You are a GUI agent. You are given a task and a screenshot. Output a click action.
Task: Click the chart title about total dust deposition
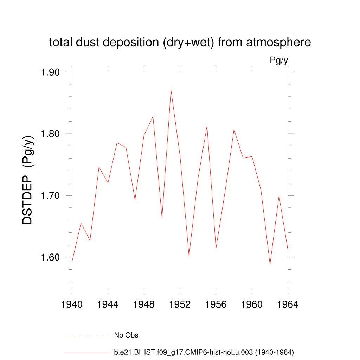pyautogui.click(x=180, y=43)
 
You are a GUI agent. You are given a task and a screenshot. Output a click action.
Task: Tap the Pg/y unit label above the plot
pyautogui.click(x=279, y=60)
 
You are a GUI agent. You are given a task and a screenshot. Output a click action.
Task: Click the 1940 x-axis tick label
pyautogui.click(x=72, y=304)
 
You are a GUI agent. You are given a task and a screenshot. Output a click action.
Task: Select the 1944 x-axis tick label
pyautogui.click(x=108, y=304)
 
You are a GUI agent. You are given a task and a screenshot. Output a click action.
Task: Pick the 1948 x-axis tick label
pyautogui.click(x=144, y=304)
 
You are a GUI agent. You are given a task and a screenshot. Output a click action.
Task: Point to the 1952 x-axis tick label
pyautogui.click(x=180, y=304)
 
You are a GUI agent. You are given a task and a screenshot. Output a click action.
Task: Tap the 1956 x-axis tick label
pyautogui.click(x=216, y=304)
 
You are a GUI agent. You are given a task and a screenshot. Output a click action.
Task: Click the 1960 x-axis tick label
pyautogui.click(x=252, y=304)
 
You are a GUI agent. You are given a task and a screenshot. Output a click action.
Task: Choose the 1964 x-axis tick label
pyautogui.click(x=288, y=304)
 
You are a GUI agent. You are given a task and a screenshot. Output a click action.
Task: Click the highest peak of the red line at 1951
pyautogui.click(x=171, y=90)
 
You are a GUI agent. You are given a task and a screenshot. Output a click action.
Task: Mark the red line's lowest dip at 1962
pyautogui.click(x=270, y=264)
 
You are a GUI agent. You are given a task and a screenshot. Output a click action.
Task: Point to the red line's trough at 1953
pyautogui.click(x=189, y=256)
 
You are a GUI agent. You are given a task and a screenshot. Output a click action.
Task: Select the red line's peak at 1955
pyautogui.click(x=207, y=126)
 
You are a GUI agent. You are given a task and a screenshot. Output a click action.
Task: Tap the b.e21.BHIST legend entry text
pyautogui.click(x=204, y=352)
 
